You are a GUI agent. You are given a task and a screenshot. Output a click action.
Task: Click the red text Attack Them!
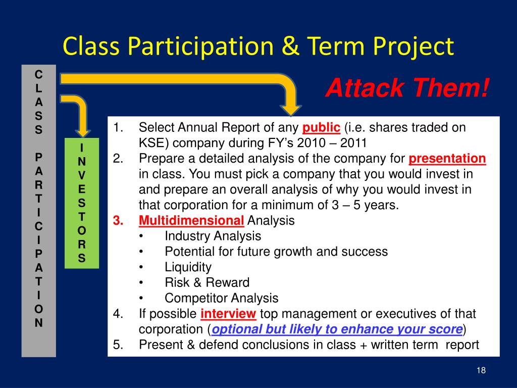pos(407,88)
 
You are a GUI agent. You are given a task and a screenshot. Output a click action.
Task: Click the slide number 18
pos(481,370)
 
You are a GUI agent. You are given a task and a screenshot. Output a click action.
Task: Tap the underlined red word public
pos(321,128)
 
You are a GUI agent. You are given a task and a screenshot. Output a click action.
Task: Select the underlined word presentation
pos(447,158)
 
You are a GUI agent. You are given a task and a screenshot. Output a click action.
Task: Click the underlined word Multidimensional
pos(191,220)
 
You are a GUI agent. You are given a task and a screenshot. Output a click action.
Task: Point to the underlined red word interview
pos(228,313)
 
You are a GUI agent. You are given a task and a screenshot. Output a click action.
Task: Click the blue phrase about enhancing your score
pos(337,329)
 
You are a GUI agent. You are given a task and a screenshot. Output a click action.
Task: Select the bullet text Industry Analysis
pos(213,236)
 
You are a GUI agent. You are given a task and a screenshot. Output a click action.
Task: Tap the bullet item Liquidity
pos(188,267)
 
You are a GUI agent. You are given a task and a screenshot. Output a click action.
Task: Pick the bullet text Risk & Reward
pos(207,282)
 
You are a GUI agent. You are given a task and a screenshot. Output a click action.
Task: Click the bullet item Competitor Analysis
pos(222,298)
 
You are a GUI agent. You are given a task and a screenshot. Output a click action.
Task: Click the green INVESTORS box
pos(82,203)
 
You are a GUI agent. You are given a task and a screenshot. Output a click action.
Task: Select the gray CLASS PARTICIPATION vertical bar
pos(38,211)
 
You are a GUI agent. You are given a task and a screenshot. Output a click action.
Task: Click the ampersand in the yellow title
pos(290,46)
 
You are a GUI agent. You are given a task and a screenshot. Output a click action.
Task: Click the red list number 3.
pos(118,220)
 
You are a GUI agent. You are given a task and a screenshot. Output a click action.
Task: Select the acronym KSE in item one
pos(153,143)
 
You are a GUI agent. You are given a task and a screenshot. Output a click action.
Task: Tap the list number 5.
pos(118,345)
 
